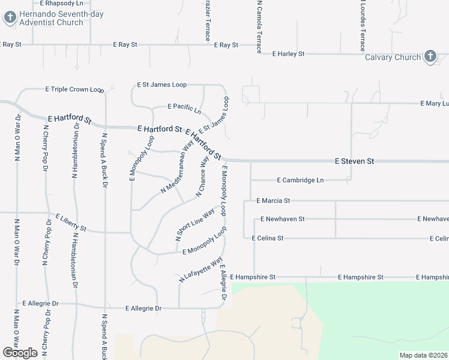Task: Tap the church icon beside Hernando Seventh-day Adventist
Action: pyautogui.click(x=10, y=17)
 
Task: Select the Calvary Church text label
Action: pyautogui.click(x=393, y=58)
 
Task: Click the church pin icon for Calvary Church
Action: pyautogui.click(x=430, y=57)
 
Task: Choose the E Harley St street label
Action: pyautogui.click(x=288, y=54)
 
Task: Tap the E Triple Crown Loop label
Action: pyautogui.click(x=75, y=89)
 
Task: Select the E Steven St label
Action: pyautogui.click(x=354, y=161)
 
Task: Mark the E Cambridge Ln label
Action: pyautogui.click(x=300, y=180)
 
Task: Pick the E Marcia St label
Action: pyautogui.click(x=273, y=200)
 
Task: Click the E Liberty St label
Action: pyautogui.click(x=71, y=222)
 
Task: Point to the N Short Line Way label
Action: pyautogui.click(x=195, y=224)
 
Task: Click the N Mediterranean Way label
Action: pyautogui.click(x=177, y=172)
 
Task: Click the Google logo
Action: pyautogui.click(x=20, y=352)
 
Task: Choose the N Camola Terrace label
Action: pyautogui.click(x=259, y=26)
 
